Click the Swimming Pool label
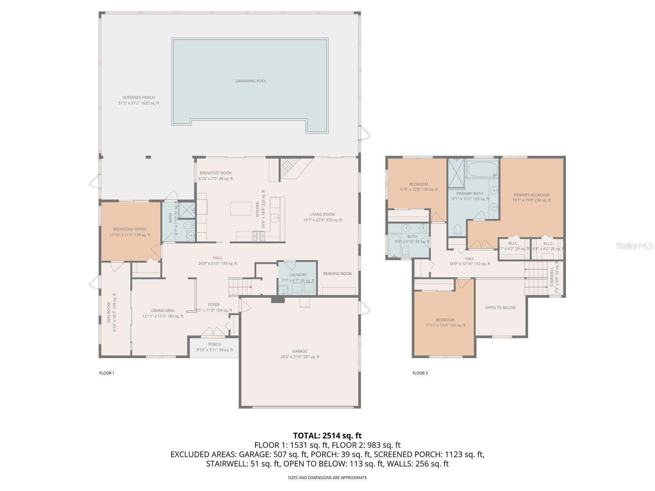[251, 81]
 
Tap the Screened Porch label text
[138, 98]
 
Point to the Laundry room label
[298, 275]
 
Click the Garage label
[300, 351]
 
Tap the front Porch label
[214, 345]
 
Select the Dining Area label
[163, 311]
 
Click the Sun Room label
[109, 313]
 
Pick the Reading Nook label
[337, 274]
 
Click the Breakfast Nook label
[215, 173]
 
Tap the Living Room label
[322, 214]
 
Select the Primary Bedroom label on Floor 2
[531, 195]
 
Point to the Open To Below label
[500, 308]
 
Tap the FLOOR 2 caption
[420, 373]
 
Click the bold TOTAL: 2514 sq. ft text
[327, 436]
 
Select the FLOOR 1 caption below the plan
[107, 373]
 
